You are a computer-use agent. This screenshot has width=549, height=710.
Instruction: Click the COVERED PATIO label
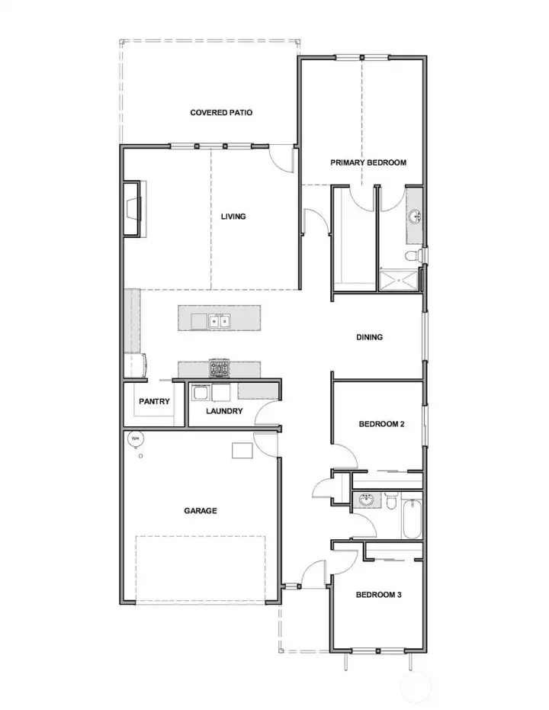pyautogui.click(x=221, y=113)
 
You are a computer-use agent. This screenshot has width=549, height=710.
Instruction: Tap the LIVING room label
pyautogui.click(x=233, y=217)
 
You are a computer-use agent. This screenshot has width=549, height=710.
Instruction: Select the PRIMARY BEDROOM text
pyautogui.click(x=368, y=162)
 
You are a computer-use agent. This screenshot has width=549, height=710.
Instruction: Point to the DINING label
pyautogui.click(x=369, y=337)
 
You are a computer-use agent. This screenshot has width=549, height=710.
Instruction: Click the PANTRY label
pyautogui.click(x=153, y=402)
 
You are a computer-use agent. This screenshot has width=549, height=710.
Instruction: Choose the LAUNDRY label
pyautogui.click(x=224, y=411)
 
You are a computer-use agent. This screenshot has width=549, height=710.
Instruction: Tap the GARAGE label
pyautogui.click(x=200, y=511)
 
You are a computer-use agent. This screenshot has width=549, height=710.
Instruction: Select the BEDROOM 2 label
pyautogui.click(x=381, y=424)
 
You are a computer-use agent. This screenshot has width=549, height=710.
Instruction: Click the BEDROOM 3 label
pyautogui.click(x=379, y=595)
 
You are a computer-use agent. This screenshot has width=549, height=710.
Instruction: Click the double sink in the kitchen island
pyautogui.click(x=220, y=321)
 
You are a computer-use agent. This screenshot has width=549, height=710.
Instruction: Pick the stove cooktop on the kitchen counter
pyautogui.click(x=220, y=369)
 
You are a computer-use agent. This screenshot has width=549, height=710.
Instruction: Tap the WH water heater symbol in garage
pyautogui.click(x=135, y=439)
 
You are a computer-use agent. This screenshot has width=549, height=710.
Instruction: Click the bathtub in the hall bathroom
pyautogui.click(x=412, y=518)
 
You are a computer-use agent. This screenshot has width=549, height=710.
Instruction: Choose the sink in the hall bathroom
pyautogui.click(x=366, y=500)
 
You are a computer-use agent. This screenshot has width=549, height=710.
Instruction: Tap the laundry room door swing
pyautogui.click(x=267, y=415)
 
